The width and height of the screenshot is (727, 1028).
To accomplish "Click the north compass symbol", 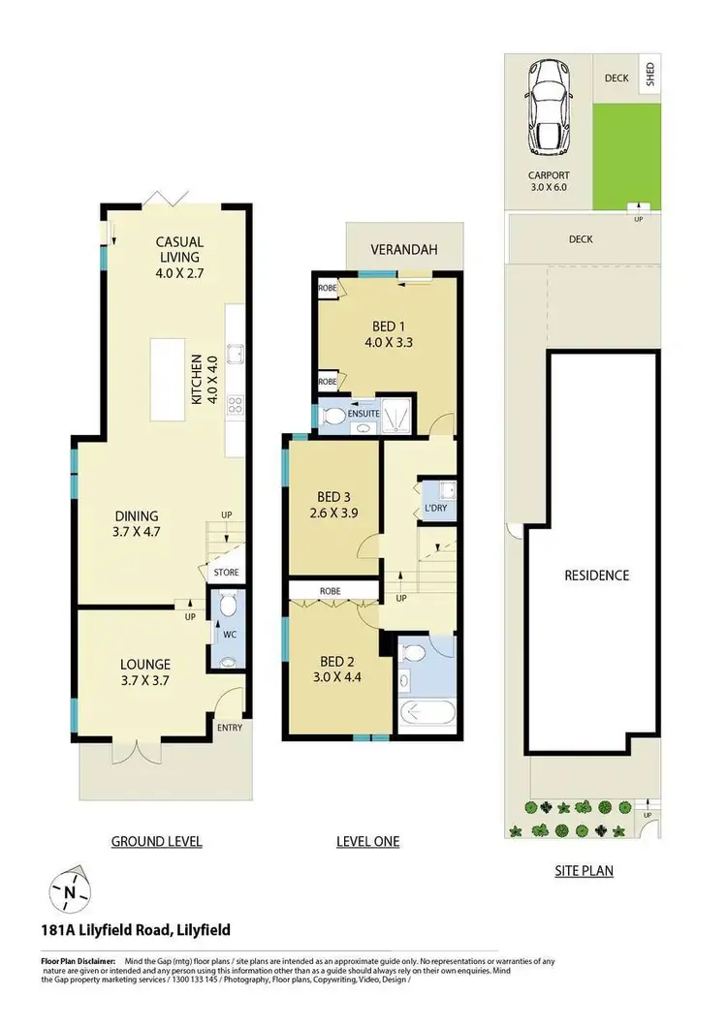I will (x=69, y=890).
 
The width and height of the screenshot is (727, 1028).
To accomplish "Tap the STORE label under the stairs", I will (x=226, y=573).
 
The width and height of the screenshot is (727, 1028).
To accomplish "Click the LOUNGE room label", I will (x=145, y=664).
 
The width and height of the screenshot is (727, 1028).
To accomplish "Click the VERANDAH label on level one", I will (x=404, y=250).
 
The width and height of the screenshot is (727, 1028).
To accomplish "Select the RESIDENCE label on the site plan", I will (x=596, y=575).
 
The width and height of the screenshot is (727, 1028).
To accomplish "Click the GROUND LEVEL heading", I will (x=156, y=841).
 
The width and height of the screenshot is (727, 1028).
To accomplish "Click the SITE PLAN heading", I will (x=584, y=870).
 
